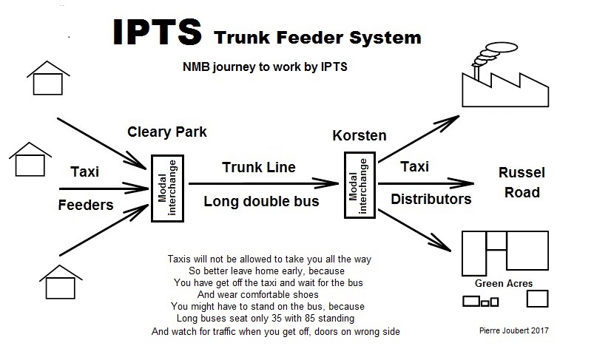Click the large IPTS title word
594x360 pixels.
click(158, 33)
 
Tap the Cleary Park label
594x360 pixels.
click(167, 132)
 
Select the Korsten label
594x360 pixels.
click(360, 135)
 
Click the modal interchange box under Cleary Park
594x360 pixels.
click(167, 189)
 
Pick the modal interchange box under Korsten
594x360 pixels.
click(360, 185)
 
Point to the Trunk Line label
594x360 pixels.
click(259, 167)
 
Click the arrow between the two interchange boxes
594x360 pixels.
click(263, 183)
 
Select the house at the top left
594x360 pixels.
click(48, 78)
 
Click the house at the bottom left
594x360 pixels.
click(61, 282)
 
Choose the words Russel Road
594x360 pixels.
click(522, 183)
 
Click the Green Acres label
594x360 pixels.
click(504, 283)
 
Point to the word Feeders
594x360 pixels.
click(86, 206)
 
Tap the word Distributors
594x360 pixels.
click(431, 199)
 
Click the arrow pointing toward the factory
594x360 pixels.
click(419, 139)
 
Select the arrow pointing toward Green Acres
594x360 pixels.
click(415, 230)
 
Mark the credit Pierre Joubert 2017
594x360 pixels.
click(513, 330)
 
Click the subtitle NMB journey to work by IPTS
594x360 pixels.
click(265, 67)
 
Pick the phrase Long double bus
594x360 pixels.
click(261, 201)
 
